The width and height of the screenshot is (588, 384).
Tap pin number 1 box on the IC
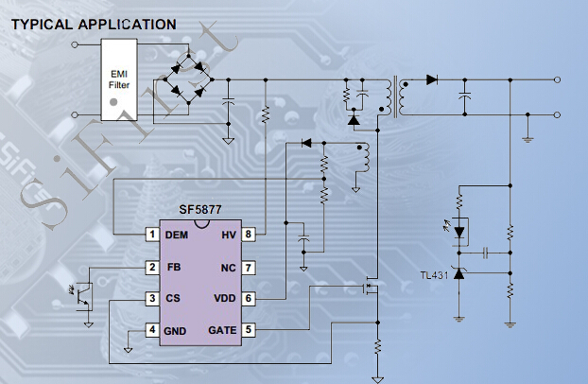(151, 235)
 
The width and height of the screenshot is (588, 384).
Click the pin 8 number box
(248, 235)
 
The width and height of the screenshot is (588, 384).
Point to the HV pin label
(227, 235)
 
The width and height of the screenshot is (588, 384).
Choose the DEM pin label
(176, 235)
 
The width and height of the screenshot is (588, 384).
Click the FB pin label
(173, 268)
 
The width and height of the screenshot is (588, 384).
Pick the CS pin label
(174, 299)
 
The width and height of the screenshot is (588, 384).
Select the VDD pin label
(223, 299)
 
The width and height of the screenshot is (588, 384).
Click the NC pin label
(227, 268)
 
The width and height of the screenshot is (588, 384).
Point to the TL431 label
(435, 275)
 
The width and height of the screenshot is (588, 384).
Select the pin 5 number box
(248, 330)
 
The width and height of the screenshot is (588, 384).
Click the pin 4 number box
(151, 330)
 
